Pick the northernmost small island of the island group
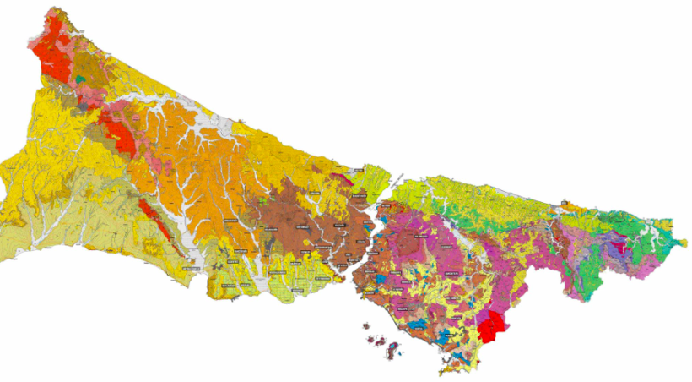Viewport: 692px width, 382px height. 365,325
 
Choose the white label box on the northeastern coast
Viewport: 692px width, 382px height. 562,203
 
